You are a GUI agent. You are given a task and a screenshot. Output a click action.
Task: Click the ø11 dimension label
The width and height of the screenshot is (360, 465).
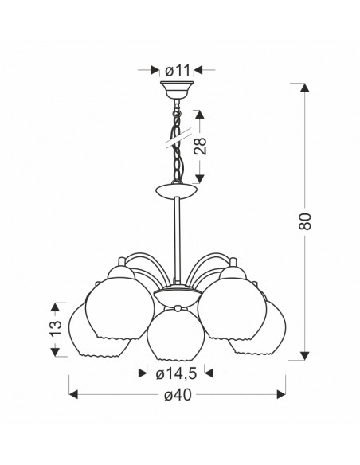[x=178, y=70]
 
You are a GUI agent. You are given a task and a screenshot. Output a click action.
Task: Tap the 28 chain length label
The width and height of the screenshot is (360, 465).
[x=200, y=146]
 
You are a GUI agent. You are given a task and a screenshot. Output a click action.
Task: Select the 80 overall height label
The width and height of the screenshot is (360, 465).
[x=305, y=221]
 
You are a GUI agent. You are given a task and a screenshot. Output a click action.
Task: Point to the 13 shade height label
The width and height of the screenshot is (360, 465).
[x=56, y=328]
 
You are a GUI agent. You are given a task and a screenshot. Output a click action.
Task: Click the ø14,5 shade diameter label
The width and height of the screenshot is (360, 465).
[x=177, y=374]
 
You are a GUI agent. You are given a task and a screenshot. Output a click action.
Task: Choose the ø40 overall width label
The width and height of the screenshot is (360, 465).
[x=178, y=395]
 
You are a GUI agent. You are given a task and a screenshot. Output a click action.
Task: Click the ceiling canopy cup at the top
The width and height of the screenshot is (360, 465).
[x=177, y=90]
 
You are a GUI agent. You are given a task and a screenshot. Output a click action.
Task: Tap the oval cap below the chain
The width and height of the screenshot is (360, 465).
[x=176, y=190]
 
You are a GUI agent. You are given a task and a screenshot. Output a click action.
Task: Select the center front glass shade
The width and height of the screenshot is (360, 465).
[x=175, y=334]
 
